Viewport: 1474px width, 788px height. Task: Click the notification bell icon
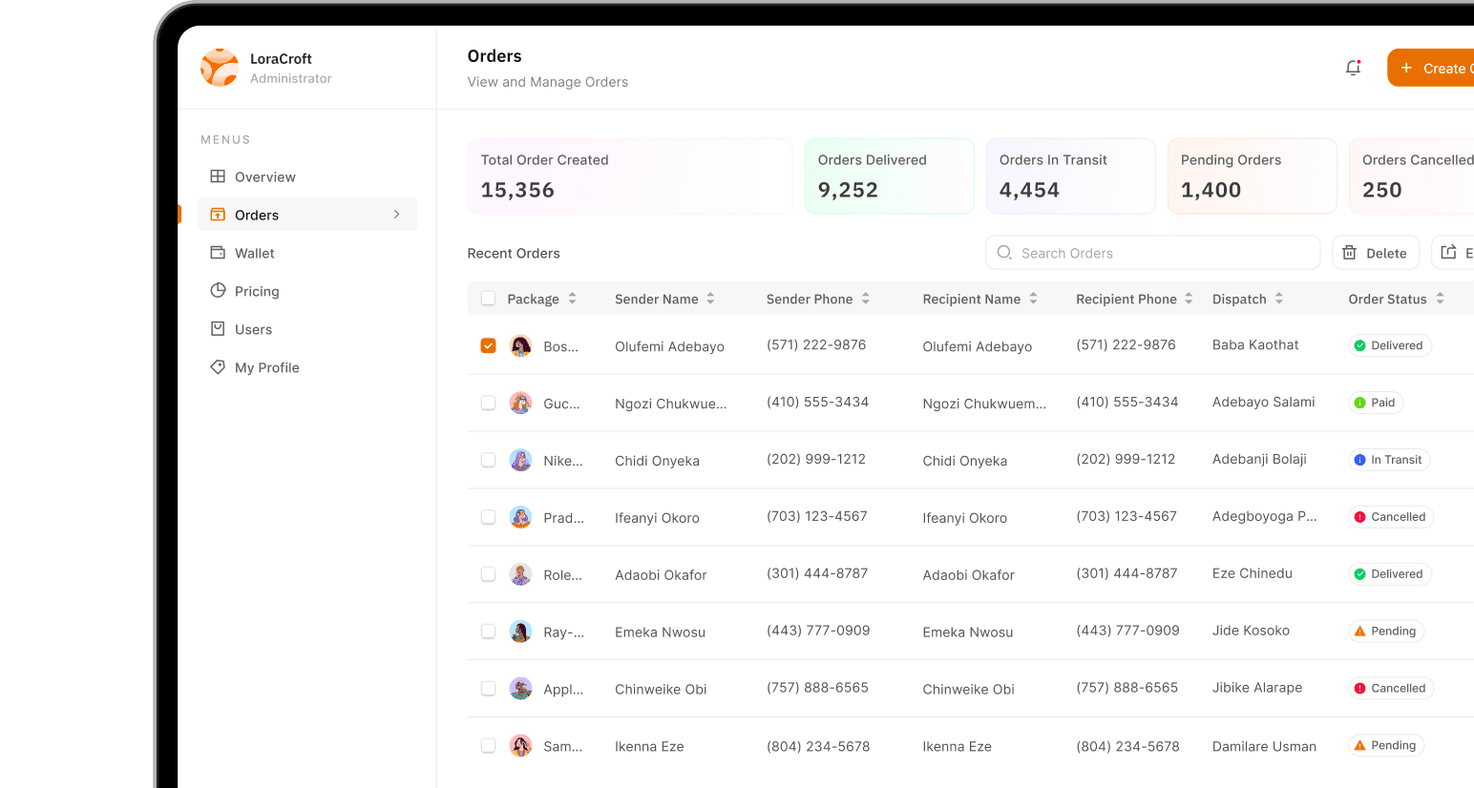1353,68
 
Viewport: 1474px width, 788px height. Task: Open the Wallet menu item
254,253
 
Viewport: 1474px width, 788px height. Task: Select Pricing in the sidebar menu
257,291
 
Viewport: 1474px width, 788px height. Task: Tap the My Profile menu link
266,367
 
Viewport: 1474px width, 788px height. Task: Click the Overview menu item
264,176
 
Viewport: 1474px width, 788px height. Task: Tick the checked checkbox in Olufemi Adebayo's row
488,345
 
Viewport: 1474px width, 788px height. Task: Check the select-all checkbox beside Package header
488,299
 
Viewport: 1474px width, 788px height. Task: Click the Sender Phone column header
810,299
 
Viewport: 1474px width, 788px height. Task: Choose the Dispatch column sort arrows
1279,299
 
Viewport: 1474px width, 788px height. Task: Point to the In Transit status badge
1389,460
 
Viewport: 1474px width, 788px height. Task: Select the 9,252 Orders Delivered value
848,190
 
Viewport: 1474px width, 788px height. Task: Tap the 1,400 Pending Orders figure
1211,190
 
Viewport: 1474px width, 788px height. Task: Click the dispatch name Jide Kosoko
1251,631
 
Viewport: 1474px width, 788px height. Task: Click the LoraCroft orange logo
220,68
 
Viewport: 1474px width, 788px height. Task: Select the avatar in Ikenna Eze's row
520,746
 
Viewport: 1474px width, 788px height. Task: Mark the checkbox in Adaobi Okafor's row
488,574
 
